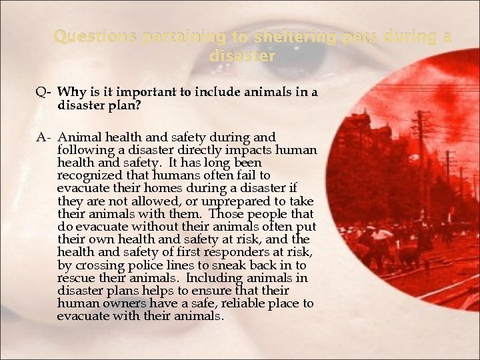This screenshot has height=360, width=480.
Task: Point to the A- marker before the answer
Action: [43, 137]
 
